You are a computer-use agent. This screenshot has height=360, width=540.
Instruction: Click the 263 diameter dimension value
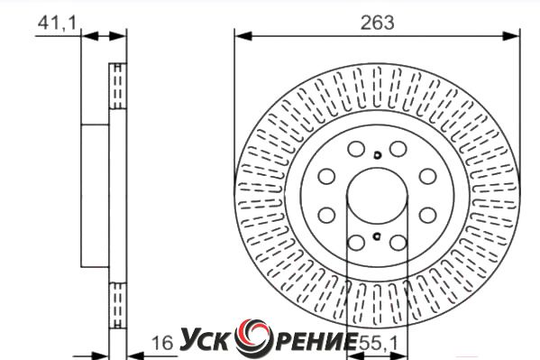[x=377, y=23]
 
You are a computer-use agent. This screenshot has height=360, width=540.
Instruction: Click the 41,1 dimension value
[x=57, y=23]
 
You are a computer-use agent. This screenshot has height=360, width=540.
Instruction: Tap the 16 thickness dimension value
[x=162, y=343]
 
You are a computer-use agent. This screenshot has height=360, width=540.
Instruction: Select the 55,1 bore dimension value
[x=378, y=343]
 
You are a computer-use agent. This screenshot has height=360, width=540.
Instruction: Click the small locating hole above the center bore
[x=378, y=155]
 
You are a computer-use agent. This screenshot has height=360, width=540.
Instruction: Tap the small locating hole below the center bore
[x=377, y=236]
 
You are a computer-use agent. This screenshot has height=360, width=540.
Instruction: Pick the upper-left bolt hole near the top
[x=356, y=149]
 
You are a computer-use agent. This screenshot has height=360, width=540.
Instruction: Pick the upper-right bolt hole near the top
[x=398, y=149]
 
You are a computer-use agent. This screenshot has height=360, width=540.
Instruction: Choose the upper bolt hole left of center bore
[x=326, y=176]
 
